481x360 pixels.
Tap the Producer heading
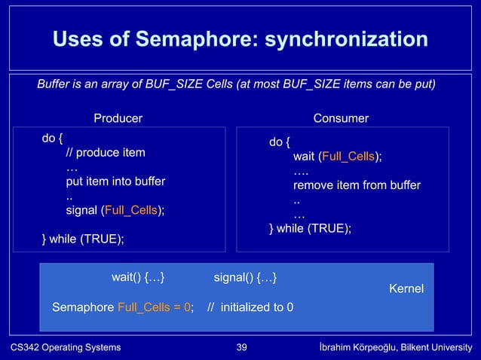pyautogui.click(x=118, y=118)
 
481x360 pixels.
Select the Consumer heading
pyautogui.click(x=341, y=118)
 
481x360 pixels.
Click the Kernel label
pyautogui.click(x=406, y=289)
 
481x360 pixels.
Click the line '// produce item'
pyautogui.click(x=106, y=153)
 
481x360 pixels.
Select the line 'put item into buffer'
pyautogui.click(x=115, y=182)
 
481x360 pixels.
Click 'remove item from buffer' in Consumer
pyautogui.click(x=357, y=185)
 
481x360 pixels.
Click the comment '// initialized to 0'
pyautogui.click(x=251, y=307)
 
